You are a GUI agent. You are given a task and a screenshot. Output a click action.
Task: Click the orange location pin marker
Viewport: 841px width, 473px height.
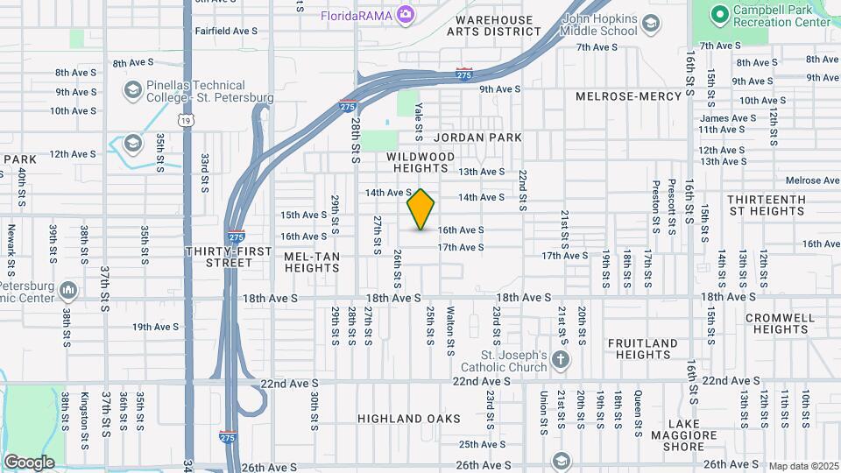coord(421,209)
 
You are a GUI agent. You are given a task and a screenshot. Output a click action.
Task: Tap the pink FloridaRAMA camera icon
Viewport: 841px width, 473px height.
coord(405,14)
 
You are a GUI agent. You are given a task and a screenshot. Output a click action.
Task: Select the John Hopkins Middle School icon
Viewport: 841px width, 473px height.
coord(651,25)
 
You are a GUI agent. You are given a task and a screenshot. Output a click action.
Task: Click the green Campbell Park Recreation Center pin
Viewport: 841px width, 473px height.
coord(719,13)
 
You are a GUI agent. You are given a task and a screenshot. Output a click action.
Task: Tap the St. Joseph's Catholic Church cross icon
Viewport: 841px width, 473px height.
coord(561,359)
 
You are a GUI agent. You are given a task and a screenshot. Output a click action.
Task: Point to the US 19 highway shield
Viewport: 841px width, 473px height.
coord(187,121)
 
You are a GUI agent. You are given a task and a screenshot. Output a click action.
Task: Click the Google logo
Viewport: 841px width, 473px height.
coord(29,462)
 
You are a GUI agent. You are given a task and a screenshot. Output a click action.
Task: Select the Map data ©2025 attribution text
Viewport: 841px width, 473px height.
coord(802,466)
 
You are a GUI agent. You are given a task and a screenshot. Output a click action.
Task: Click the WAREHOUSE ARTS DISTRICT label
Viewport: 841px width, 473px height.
coord(490,25)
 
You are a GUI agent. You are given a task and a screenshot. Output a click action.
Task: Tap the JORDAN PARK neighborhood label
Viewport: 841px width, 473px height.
coord(477,138)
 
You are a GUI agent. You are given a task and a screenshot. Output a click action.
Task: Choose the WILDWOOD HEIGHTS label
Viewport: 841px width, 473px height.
coord(421,162)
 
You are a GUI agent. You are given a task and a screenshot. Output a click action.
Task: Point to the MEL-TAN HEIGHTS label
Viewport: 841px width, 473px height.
coord(312,261)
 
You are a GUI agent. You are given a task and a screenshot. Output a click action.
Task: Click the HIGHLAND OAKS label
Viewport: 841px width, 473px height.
coord(409,419)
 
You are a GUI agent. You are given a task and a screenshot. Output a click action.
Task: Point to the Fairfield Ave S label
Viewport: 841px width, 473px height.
coord(226,31)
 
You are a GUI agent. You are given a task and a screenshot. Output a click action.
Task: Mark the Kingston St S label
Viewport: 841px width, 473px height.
coord(85,415)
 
